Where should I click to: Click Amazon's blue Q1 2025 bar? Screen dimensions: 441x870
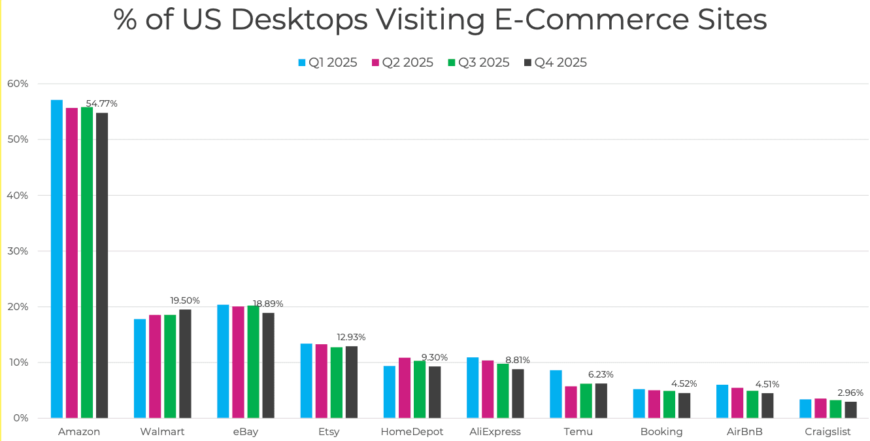click(57, 258)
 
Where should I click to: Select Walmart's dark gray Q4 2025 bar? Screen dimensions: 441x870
click(185, 364)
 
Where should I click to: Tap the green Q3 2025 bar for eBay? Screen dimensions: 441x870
click(253, 362)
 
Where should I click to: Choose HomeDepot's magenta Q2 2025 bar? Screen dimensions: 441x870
click(405, 387)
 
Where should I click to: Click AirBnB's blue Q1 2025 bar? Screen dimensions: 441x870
click(722, 401)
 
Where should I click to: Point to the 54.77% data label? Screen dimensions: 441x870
click(102, 103)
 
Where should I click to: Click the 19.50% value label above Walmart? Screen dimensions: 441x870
click(185, 300)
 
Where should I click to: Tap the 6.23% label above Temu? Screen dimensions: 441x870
click(601, 374)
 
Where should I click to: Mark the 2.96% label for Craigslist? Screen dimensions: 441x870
click(850, 393)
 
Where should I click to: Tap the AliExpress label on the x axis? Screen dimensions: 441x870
click(495, 432)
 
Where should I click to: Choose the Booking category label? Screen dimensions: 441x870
click(661, 432)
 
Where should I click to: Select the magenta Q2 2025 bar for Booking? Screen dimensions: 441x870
click(654, 404)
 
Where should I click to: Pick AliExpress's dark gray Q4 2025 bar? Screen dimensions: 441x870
click(518, 393)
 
